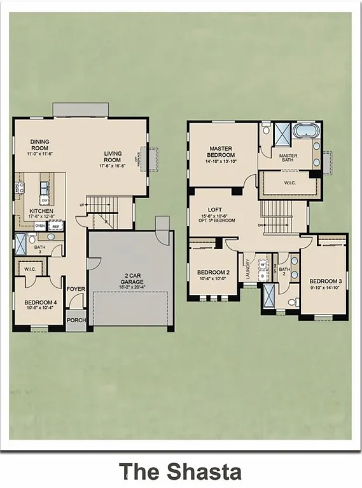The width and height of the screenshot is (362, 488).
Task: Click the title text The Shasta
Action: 180,471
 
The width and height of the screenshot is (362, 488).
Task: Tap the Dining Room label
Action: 39,145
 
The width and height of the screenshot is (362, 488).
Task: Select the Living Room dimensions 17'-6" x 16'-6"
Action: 112,165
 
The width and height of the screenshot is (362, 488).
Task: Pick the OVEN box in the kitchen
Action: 40,226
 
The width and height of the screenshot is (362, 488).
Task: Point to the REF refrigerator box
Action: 56,226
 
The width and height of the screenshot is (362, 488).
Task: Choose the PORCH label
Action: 76,320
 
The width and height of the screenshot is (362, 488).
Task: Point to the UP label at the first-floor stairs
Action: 82,205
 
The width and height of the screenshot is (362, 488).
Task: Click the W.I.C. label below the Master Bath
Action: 290,184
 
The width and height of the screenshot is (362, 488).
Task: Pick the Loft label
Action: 214,210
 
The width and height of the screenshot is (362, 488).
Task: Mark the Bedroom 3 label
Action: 325,281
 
